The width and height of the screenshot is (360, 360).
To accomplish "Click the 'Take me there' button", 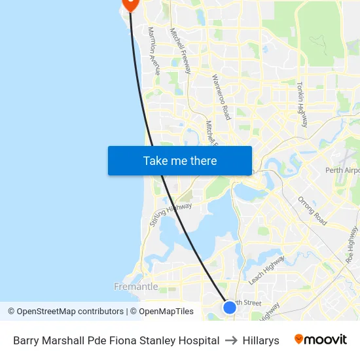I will pos(180,160).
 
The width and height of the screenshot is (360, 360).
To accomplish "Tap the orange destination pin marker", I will pos(130,3).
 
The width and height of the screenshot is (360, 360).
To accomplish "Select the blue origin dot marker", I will pos(229,307).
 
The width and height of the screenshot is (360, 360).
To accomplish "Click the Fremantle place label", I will pos(136,287).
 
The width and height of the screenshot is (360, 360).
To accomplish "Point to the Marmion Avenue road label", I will pos(154,51).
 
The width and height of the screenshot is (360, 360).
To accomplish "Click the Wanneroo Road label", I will pos(221,96).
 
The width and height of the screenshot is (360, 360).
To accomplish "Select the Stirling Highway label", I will pos(171,214).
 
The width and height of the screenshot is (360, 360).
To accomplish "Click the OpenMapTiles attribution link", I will pos(166,312).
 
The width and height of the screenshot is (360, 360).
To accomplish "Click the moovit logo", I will pos(321,340).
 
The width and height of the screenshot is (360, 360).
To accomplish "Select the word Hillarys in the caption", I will pos(261,340).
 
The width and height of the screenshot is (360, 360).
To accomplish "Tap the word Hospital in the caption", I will pos(198,340).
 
